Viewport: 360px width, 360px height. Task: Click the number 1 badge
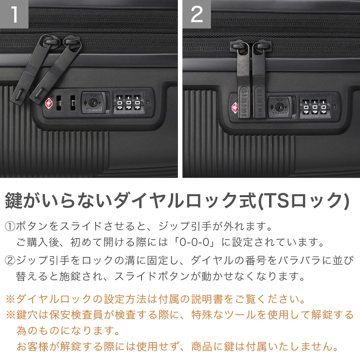click(14, 14)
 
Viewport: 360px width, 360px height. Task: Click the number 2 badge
click(197, 14)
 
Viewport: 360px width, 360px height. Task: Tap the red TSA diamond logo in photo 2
click(235, 108)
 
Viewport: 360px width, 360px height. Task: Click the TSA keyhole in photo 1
click(93, 102)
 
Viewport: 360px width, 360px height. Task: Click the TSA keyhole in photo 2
click(280, 107)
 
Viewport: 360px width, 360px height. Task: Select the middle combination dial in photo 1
click(128, 102)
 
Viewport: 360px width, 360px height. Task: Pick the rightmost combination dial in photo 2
click(323, 107)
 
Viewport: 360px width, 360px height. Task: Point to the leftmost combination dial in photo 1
click(119, 102)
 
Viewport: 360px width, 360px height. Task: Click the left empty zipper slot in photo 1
click(59, 102)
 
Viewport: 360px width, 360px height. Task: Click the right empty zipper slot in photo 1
click(73, 102)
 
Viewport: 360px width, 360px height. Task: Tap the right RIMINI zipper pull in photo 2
click(259, 80)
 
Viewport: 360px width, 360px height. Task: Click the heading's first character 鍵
click(14, 201)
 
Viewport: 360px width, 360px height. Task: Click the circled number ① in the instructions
click(10, 226)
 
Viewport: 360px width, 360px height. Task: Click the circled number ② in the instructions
click(10, 260)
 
